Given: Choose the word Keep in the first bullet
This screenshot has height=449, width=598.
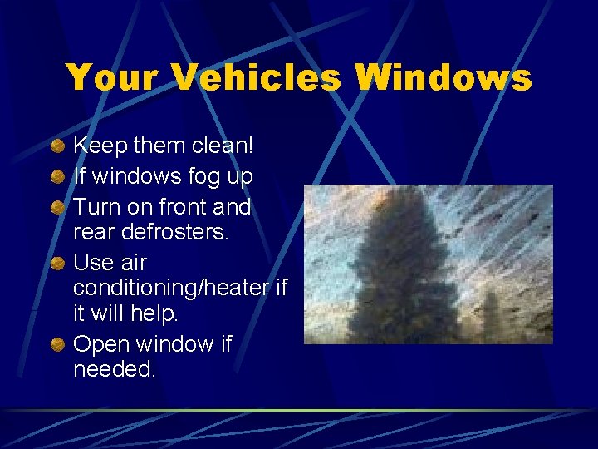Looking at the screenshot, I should (x=98, y=146).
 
